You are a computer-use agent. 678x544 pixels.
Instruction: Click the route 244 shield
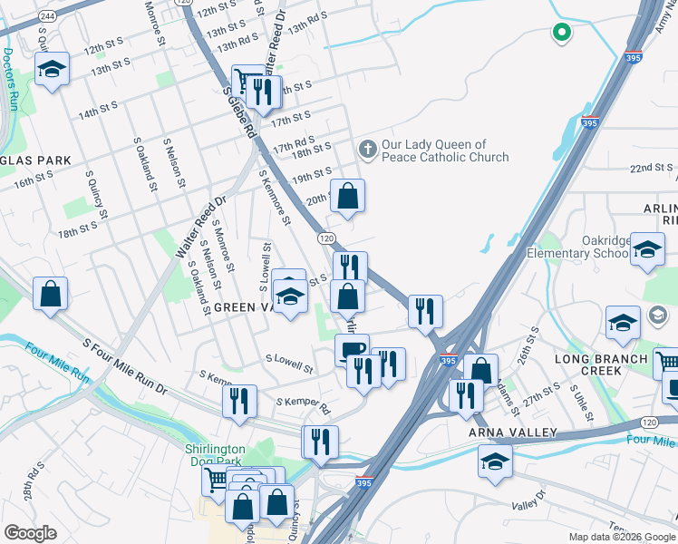48,16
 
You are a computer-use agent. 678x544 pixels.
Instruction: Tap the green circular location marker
562,34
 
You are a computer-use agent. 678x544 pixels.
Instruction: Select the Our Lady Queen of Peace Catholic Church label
445,151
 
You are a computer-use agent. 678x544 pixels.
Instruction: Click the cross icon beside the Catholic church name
367,149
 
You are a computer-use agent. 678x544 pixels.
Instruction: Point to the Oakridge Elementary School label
581,247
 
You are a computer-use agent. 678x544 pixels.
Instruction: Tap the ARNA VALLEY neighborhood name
513,432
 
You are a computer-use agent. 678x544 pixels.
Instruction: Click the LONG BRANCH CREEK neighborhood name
601,365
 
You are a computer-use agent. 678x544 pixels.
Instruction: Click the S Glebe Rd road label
239,112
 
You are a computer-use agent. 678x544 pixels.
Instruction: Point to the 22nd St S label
652,169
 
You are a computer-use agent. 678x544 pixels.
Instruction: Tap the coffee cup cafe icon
352,349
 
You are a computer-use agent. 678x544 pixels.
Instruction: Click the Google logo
30,533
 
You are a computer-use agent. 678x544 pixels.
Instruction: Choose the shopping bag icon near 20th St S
347,194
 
